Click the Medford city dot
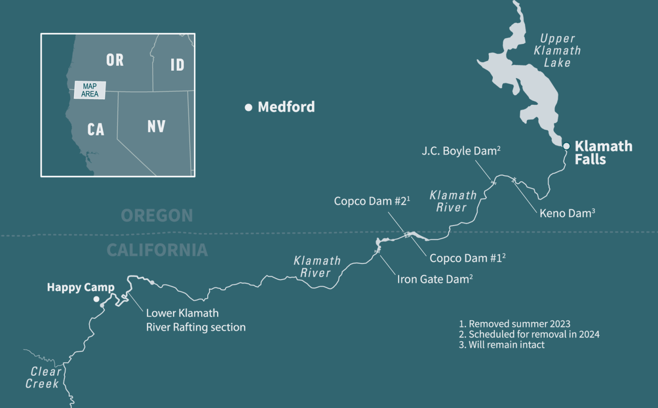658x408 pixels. (x=248, y=107)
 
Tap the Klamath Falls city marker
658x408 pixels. (x=566, y=146)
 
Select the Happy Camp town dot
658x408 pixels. (x=96, y=299)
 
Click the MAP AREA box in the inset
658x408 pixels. (x=90, y=90)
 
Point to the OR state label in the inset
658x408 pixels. (x=115, y=60)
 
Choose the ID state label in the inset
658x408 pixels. (x=177, y=65)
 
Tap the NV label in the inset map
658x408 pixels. (x=157, y=126)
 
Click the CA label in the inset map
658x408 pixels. (x=96, y=130)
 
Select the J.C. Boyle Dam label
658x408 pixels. (x=461, y=151)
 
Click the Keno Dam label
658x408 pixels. (x=567, y=213)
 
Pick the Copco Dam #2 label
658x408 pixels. (x=372, y=201)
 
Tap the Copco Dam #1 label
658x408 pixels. (x=467, y=258)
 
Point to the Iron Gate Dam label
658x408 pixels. (x=434, y=279)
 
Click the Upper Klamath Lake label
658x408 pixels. (x=557, y=51)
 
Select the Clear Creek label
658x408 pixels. (x=43, y=378)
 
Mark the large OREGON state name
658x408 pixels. (x=157, y=216)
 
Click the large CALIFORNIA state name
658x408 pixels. (x=157, y=250)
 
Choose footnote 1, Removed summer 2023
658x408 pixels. (x=515, y=324)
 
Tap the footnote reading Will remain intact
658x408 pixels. (x=502, y=345)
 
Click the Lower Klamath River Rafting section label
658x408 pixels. (x=195, y=320)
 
